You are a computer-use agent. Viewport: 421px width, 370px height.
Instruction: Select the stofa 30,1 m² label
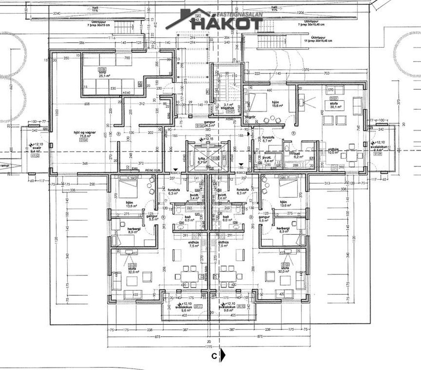[x=333, y=105]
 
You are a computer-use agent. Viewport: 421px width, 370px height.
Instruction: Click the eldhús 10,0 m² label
[x=333, y=150]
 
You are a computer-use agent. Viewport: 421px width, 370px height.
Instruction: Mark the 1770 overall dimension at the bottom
[x=209, y=348]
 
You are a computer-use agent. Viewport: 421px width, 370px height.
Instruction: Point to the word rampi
[x=5, y=166]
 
